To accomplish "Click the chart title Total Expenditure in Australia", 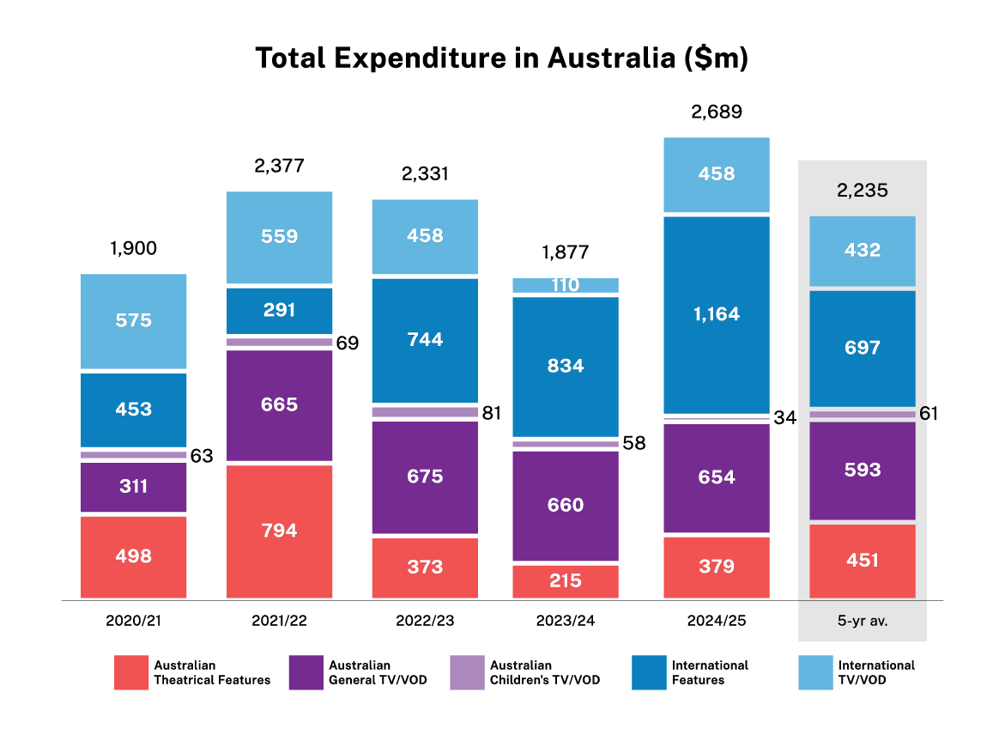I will pos(502,58).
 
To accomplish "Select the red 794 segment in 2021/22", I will pos(279,531).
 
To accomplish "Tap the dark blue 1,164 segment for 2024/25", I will pos(717,314).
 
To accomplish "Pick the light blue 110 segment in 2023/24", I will pos(566,285).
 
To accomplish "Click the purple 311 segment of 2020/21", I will pos(133,487).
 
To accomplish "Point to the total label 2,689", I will pos(717,112).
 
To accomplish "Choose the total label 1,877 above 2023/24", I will pos(566,252).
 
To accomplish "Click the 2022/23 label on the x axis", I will pos(425,620).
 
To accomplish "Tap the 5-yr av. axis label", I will pos(863,620).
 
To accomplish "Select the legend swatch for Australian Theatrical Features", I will pos(131,672).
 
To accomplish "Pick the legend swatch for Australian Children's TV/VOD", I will pos(467,672).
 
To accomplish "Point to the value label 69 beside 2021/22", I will pos(347,343).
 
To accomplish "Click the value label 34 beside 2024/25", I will pos(784,418).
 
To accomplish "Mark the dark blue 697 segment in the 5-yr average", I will pos(863,348).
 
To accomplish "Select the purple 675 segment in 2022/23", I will pos(425,477).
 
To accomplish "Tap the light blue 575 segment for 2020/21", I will pos(133,321).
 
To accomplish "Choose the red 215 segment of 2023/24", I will pos(566,580).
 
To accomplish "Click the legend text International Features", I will pos(710,672).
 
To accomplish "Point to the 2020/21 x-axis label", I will pos(133,620).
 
